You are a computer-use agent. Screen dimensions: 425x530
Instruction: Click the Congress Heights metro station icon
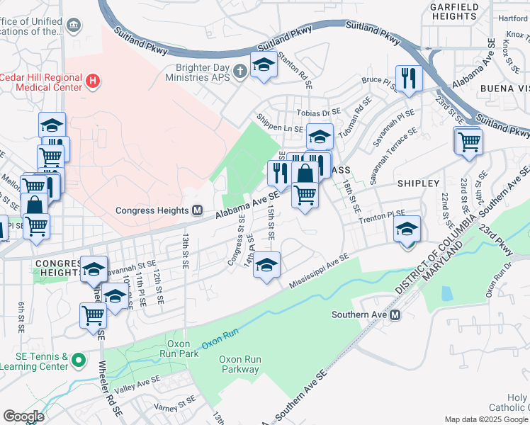click(x=199, y=210)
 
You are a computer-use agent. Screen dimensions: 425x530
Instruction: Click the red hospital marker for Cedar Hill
click(x=91, y=81)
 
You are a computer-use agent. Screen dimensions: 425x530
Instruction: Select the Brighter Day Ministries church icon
click(x=241, y=70)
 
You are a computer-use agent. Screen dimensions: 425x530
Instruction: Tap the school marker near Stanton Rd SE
click(x=264, y=66)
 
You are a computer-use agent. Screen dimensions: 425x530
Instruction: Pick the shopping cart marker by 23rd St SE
click(x=469, y=141)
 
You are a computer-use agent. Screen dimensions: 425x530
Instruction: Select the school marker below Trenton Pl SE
click(x=407, y=230)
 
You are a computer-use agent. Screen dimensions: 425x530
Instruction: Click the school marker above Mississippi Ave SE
click(x=266, y=266)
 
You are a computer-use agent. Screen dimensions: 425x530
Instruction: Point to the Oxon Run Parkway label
click(x=239, y=364)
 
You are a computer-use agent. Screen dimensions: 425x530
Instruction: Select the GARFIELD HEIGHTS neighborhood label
click(x=453, y=11)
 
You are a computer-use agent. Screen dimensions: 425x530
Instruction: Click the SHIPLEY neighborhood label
click(x=418, y=183)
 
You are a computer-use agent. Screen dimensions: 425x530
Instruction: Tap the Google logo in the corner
click(x=24, y=416)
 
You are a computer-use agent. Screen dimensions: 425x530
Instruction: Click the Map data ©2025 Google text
click(x=485, y=419)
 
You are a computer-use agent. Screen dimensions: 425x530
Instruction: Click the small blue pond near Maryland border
click(x=446, y=293)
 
